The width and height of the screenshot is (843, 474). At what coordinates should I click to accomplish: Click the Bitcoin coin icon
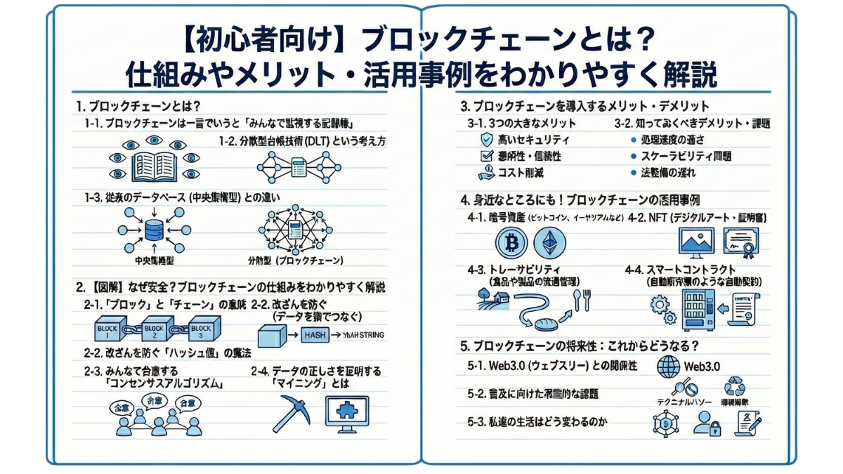511,243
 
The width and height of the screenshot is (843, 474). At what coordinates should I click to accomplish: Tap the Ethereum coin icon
549,243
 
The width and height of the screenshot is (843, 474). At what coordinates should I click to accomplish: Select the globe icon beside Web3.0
668,366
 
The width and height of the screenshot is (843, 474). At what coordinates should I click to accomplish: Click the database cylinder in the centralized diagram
152,229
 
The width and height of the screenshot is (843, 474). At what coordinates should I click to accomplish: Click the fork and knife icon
582,301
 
